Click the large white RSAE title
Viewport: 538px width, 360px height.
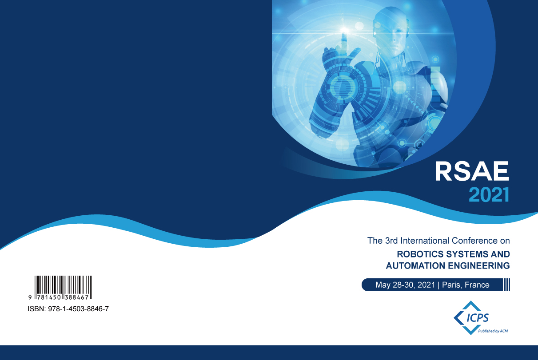[472, 171]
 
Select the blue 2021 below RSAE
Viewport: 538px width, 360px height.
[489, 194]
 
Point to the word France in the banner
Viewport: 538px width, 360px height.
[477, 285]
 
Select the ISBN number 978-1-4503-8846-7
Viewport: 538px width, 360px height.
[78, 309]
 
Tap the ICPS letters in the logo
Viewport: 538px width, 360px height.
[478, 318]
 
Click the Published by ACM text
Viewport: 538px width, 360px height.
[493, 331]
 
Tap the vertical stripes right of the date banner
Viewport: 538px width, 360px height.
[506, 285]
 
